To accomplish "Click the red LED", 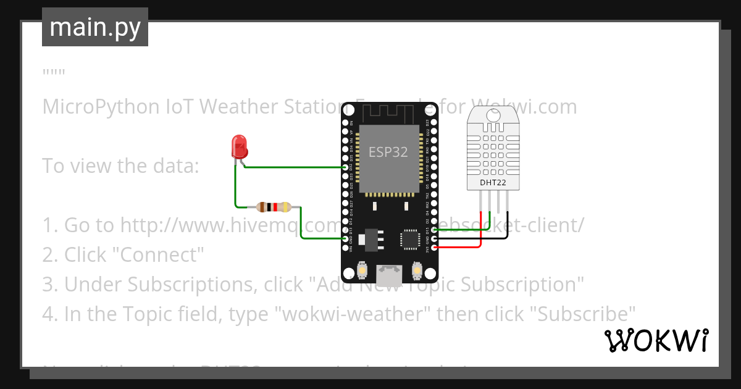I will click(239, 146).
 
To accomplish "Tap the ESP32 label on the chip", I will click(388, 152).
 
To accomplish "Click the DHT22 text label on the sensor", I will click(493, 182).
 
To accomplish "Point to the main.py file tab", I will click(95, 27).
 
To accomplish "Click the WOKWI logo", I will click(656, 340).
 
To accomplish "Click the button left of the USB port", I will click(362, 270).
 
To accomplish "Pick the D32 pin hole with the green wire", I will click(345, 167).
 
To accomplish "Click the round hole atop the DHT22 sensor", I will click(493, 115).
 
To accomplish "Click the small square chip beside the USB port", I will click(410, 239).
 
